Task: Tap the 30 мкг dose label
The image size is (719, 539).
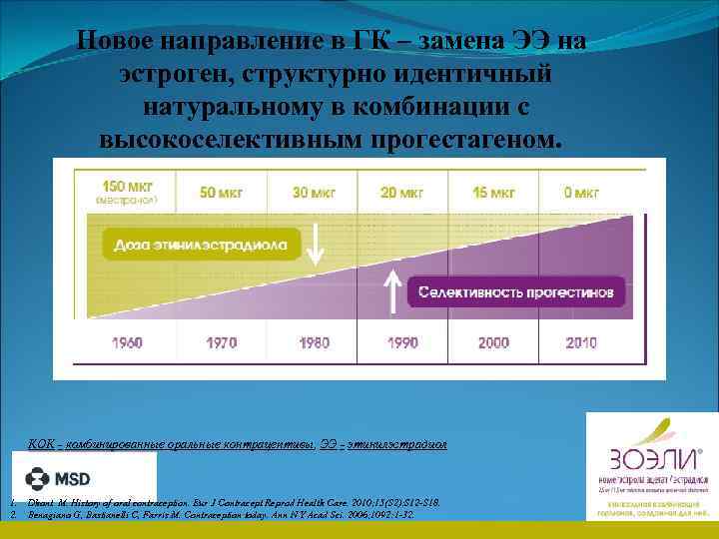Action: pos(314,192)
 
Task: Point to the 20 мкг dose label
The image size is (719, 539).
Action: pos(402,192)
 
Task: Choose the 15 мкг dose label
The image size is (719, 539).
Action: pos(493,192)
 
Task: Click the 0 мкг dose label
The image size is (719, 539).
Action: pos(580,192)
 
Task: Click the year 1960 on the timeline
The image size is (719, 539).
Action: pos(127,342)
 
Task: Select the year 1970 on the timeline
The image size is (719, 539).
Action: pos(221,342)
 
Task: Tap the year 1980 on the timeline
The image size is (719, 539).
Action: pos(314,342)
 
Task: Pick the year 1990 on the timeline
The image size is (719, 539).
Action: pos(402,342)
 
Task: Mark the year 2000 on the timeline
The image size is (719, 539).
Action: pos(493,342)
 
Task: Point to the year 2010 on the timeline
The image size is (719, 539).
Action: pos(581,342)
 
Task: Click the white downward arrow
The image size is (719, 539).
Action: pos(315,244)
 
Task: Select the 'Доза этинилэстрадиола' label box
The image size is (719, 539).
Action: pos(201,244)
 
